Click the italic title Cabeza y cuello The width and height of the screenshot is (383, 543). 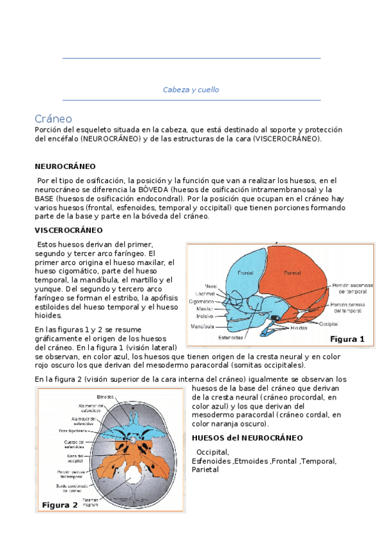(191, 90)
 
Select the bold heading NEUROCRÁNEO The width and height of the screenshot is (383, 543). (65, 165)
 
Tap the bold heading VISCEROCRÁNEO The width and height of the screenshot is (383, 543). (68, 230)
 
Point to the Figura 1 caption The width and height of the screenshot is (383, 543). (347, 339)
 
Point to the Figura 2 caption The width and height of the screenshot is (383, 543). (59, 505)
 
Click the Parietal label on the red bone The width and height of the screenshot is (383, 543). (292, 273)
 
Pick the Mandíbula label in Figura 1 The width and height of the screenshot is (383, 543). (203, 326)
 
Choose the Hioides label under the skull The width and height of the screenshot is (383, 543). (299, 328)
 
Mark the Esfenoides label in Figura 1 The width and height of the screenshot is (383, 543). (230, 337)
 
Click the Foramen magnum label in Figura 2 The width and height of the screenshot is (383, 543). (89, 502)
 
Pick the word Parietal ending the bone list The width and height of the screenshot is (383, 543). (205, 469)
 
